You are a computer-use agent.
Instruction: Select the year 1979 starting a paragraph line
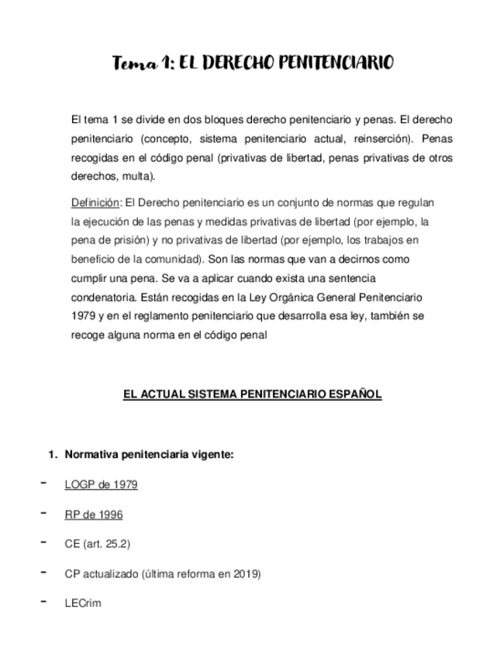point(81,316)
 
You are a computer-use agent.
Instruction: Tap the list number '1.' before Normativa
point(54,455)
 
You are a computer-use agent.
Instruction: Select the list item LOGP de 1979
point(101,485)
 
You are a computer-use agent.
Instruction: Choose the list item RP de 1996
point(94,514)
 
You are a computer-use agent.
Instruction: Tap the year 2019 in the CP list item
point(246,574)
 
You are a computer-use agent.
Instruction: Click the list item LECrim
point(83,604)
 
